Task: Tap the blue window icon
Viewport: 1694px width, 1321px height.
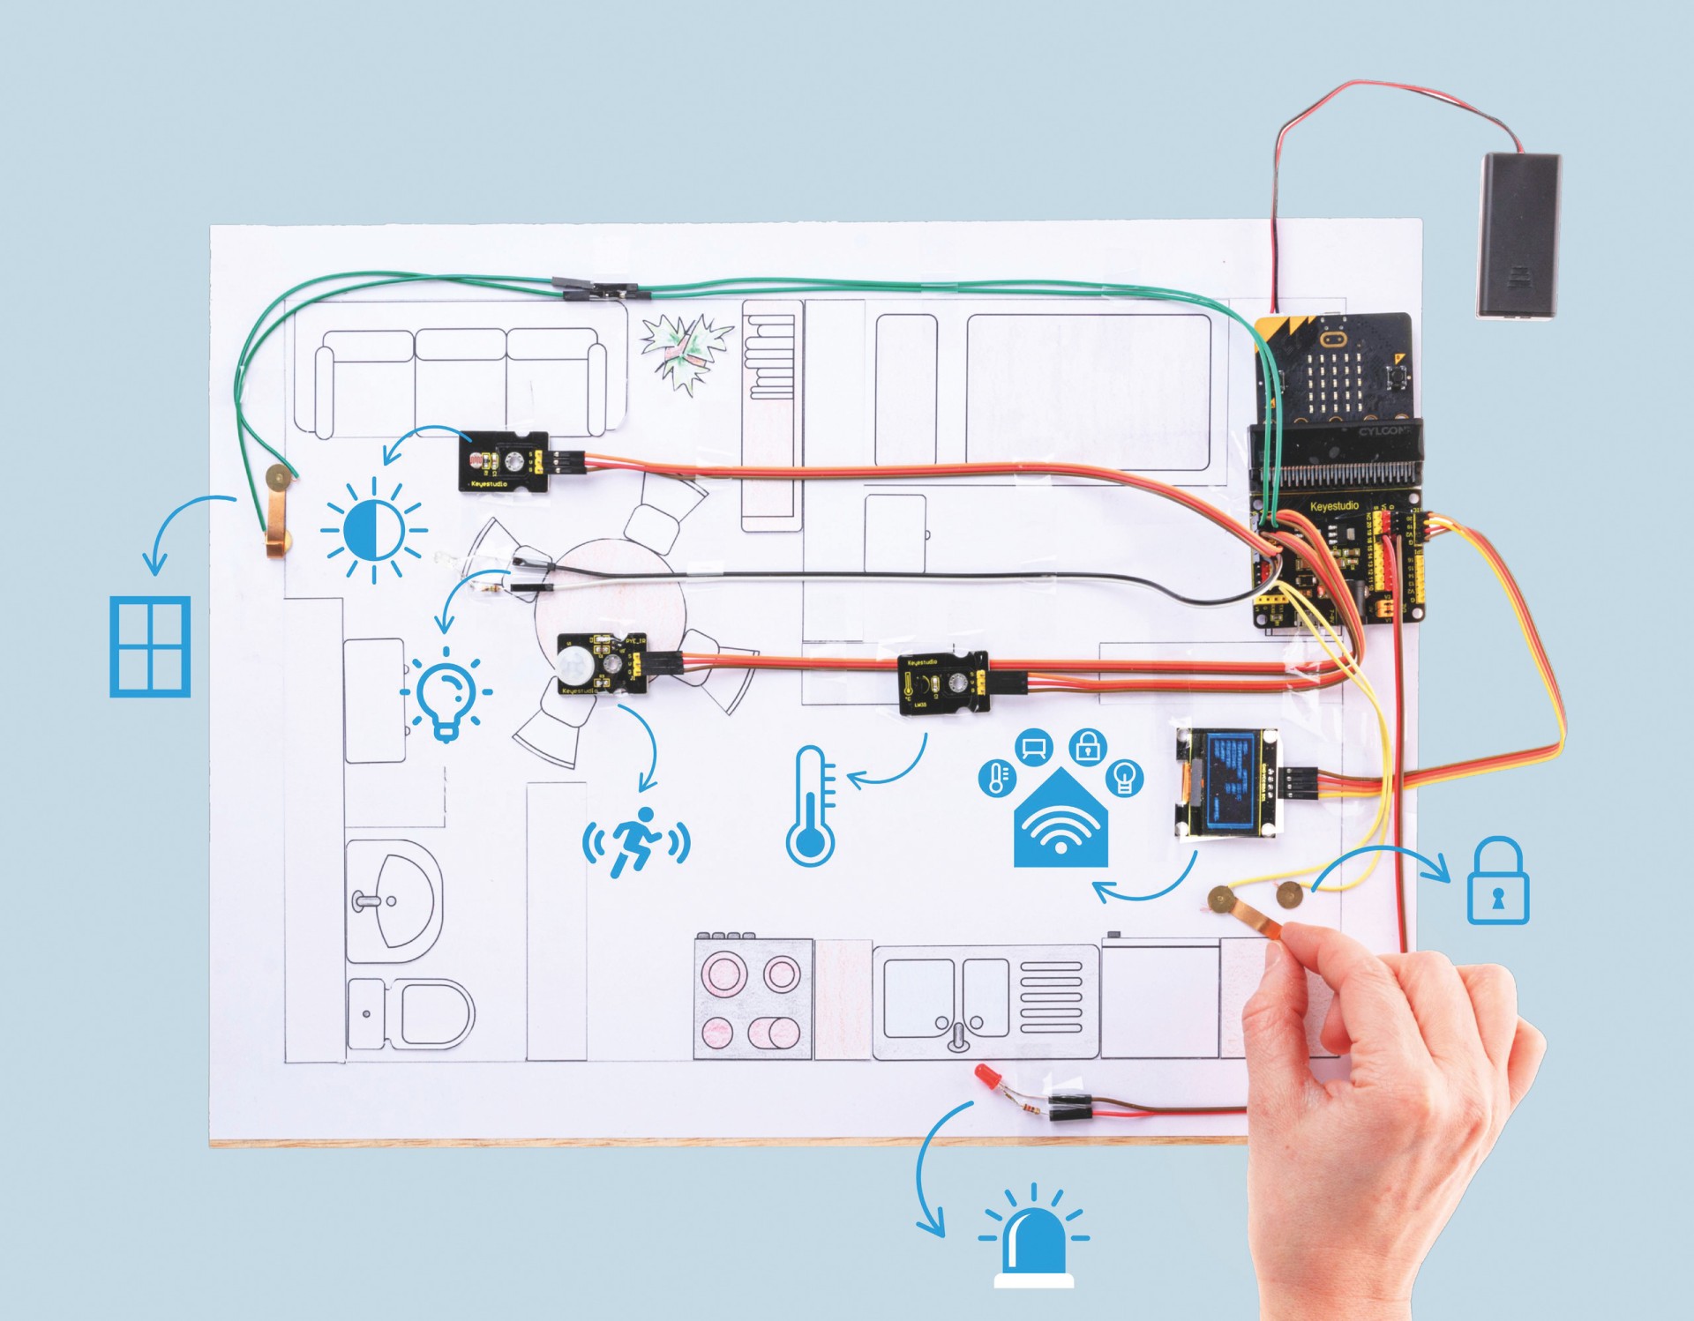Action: [150, 646]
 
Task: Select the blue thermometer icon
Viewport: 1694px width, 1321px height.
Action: [811, 806]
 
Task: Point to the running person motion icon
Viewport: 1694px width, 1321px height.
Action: [636, 842]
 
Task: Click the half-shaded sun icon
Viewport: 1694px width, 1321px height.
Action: [374, 531]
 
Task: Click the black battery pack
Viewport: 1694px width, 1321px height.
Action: [1518, 235]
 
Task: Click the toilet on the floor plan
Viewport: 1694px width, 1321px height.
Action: [415, 1014]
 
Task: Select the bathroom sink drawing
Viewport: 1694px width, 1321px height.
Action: [393, 899]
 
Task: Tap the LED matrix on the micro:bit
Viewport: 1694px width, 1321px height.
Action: [1335, 384]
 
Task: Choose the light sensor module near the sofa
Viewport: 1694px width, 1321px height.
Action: [504, 461]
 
